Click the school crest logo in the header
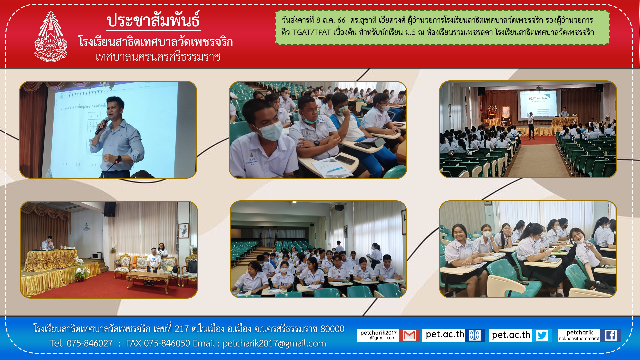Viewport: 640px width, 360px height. (x=51, y=37)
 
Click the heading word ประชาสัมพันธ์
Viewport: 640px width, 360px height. (x=153, y=20)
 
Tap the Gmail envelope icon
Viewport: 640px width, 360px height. (x=409, y=335)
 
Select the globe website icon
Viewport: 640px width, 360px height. (x=474, y=335)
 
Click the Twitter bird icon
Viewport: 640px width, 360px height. (x=542, y=335)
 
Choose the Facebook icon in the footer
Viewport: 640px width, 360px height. (x=611, y=335)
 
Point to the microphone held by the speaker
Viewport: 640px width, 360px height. (x=102, y=126)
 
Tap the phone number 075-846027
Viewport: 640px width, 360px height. (x=90, y=343)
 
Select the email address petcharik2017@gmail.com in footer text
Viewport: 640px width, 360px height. (x=274, y=344)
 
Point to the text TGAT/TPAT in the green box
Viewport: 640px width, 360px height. (x=312, y=32)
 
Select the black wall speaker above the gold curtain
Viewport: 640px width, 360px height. (x=110, y=209)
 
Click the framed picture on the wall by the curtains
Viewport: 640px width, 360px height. (x=184, y=230)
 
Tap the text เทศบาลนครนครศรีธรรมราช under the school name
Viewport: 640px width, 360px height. (x=158, y=57)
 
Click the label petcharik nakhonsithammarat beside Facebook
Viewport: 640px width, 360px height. (x=579, y=335)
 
